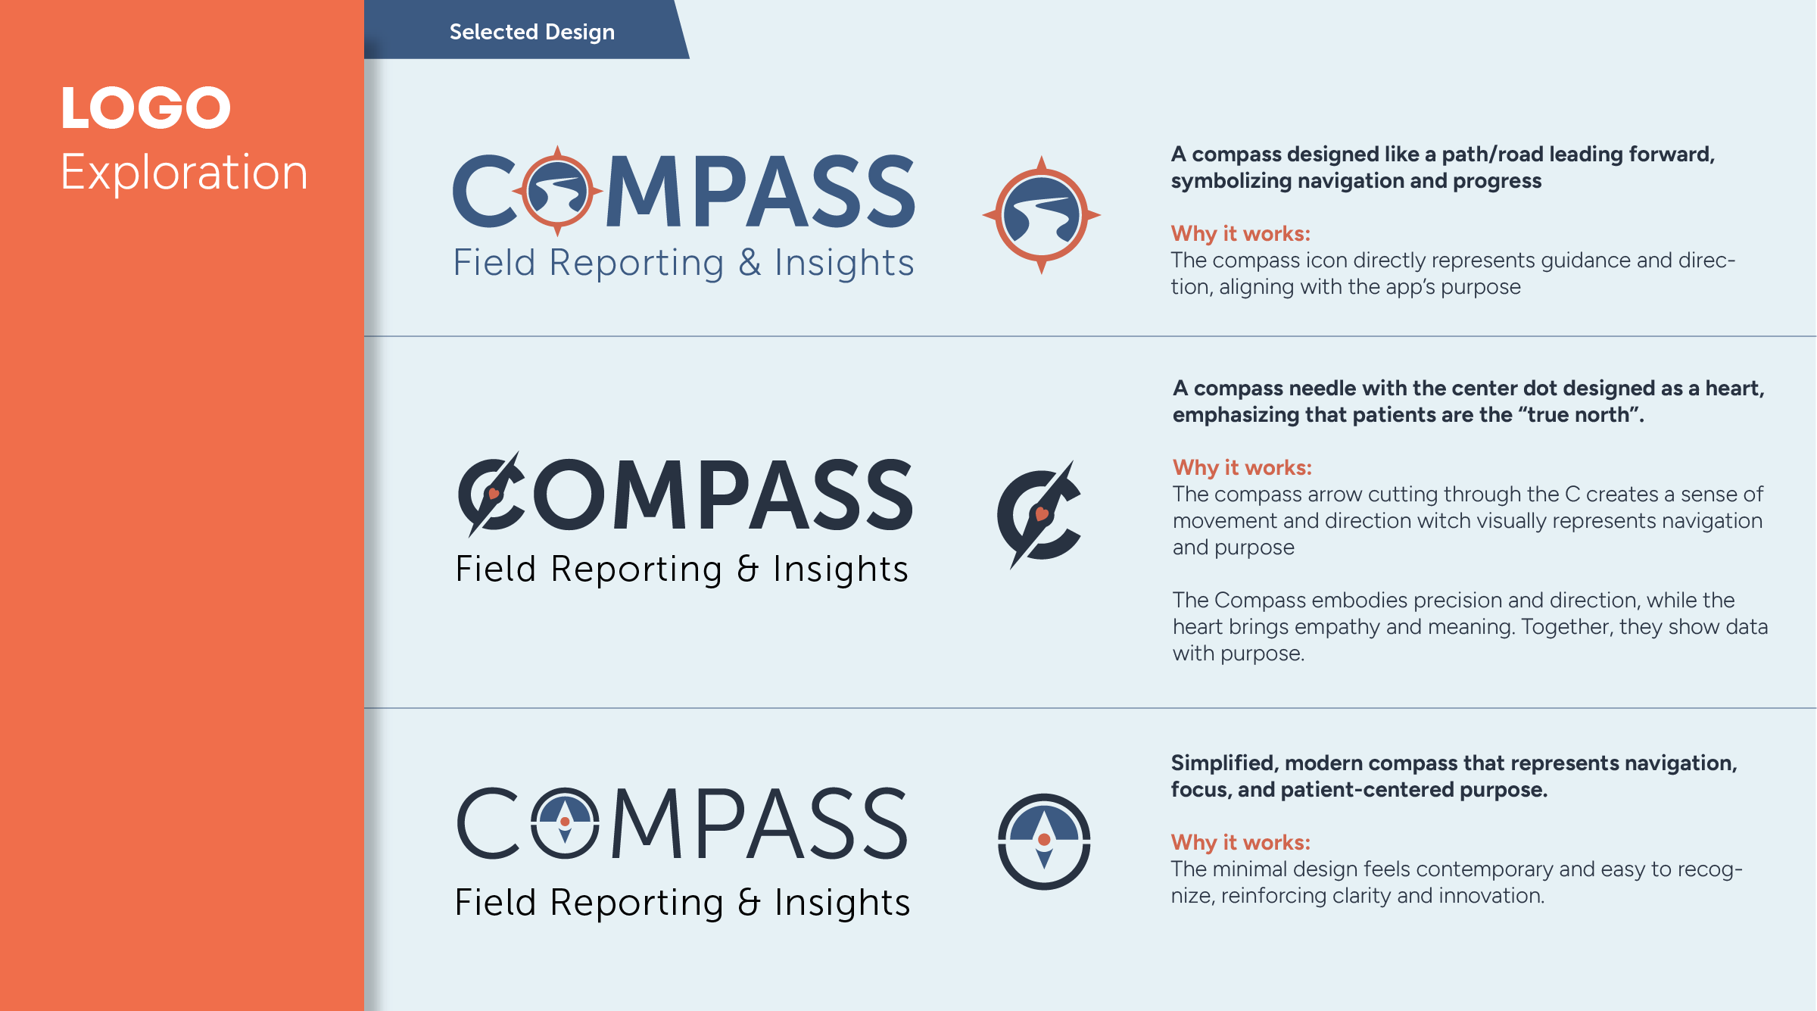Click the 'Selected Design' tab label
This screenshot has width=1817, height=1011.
pos(531,32)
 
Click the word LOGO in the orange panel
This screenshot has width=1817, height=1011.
pos(145,108)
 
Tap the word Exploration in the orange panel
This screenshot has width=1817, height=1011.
pos(184,172)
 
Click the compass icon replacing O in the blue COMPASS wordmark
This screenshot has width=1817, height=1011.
pos(557,191)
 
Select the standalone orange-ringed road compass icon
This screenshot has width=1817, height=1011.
pos(1041,215)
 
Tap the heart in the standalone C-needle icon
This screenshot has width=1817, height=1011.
pos(1042,514)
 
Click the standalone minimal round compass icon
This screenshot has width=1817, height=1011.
pos(1044,841)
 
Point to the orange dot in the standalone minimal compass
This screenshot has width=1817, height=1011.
pos(1044,839)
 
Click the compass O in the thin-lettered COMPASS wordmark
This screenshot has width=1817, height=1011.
pos(565,822)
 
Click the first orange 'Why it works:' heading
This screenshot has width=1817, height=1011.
pos(1240,233)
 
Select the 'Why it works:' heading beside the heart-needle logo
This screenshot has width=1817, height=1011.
pos(1242,467)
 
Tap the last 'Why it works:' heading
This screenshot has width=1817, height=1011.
pos(1240,842)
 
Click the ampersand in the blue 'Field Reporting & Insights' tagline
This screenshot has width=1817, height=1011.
pos(750,263)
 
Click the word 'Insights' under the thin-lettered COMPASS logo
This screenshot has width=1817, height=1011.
pos(841,903)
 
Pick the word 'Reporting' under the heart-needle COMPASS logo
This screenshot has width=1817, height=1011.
pos(636,569)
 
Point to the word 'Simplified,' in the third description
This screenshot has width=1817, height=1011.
pos(1224,763)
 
